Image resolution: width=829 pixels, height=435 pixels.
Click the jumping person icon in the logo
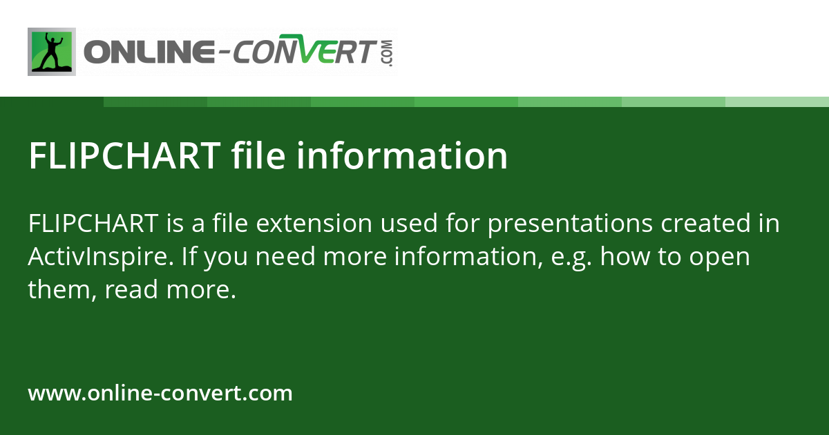[51, 52]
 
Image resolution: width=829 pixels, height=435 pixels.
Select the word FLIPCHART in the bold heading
[124, 156]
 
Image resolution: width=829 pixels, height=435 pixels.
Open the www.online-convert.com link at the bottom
[160, 394]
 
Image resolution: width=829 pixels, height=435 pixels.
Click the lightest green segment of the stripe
[777, 101]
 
